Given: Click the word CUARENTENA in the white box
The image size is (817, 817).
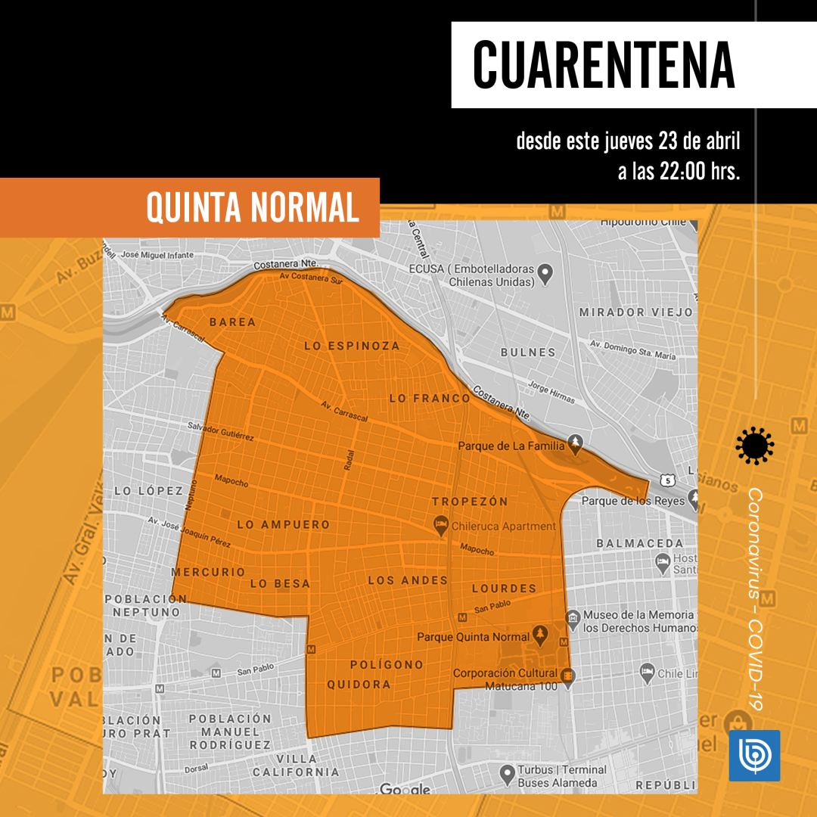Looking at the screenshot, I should [x=603, y=64].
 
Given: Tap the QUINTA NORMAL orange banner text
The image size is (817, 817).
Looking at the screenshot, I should [x=253, y=207].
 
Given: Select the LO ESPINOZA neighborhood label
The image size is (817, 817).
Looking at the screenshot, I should [x=352, y=346].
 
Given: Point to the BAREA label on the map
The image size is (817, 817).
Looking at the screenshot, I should [x=233, y=322].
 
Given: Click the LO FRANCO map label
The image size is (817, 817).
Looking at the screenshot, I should [x=430, y=398].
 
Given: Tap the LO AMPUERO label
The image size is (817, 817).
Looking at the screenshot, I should [x=284, y=524].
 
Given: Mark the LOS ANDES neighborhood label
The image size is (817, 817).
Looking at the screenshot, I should [x=408, y=580].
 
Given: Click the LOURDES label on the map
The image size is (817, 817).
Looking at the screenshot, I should [x=504, y=588].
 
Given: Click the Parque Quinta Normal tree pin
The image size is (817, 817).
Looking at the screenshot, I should [x=540, y=633].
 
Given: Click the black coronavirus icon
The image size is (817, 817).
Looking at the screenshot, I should [x=754, y=446].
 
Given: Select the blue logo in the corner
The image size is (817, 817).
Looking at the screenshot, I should [x=754, y=755].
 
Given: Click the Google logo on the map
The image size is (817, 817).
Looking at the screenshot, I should [x=405, y=789].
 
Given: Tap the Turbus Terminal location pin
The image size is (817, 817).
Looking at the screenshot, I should [x=508, y=773].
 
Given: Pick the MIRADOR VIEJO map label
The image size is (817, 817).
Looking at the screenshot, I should [x=635, y=312].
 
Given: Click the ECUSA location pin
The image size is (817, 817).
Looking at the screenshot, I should [x=545, y=272].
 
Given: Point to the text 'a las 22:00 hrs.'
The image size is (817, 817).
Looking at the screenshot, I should [x=679, y=171].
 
